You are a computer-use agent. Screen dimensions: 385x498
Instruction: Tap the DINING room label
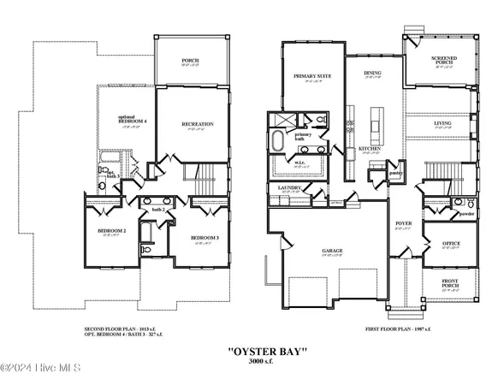(372, 74)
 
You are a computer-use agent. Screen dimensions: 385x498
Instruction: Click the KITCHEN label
(369, 149)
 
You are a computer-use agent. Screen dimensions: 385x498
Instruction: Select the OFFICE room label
(450, 244)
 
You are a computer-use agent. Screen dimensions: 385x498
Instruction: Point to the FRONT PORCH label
(449, 281)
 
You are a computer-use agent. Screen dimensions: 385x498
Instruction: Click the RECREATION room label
(197, 124)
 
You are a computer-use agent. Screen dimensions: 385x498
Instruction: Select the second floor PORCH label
(190, 61)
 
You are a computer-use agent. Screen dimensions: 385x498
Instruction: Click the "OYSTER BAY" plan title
(266, 352)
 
